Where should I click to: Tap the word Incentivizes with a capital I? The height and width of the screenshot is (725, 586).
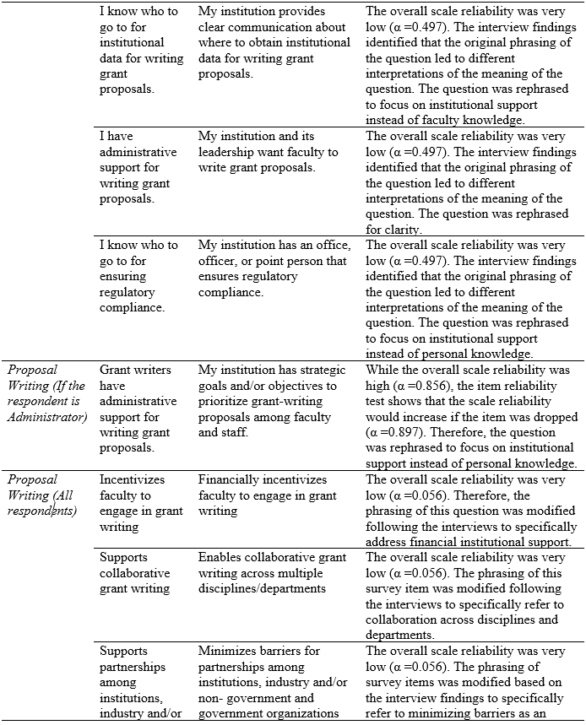[x=133, y=480]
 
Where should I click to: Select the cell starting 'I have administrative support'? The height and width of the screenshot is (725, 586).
[x=138, y=167]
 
